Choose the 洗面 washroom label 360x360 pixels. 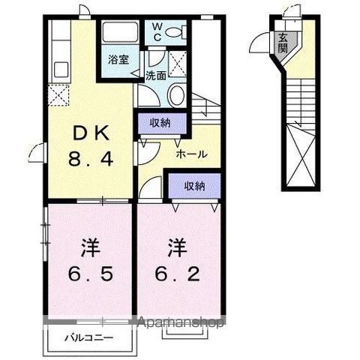pos(155,75)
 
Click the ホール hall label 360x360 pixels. pos(191,154)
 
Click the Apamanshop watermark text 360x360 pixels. pos(181,323)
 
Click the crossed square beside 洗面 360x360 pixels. pos(178,61)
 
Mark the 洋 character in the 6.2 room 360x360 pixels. pos(177,245)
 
